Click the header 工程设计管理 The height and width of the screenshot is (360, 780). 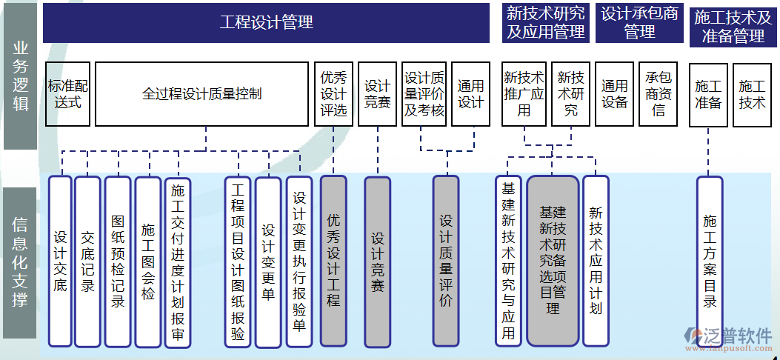267,22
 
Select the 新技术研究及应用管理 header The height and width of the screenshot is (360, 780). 546,22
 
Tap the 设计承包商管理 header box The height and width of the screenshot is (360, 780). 639,22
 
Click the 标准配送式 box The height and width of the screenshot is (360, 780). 68,94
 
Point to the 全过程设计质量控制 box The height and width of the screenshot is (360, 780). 201,94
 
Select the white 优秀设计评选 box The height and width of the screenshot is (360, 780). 333,94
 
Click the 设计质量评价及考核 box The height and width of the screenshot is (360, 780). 424,94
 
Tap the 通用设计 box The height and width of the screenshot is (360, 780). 470,94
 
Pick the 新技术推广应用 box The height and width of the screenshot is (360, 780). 524,94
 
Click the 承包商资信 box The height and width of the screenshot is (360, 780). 659,94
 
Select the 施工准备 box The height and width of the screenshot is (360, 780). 708,94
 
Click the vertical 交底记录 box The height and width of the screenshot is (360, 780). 87,261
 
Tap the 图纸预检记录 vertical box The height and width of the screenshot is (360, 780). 118,261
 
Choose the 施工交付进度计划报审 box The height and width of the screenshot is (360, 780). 178,261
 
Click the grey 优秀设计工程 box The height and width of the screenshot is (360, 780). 333,261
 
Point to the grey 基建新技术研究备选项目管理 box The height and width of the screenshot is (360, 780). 553,261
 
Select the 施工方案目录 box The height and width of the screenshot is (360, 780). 710,261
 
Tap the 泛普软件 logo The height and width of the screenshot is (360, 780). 729,336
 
